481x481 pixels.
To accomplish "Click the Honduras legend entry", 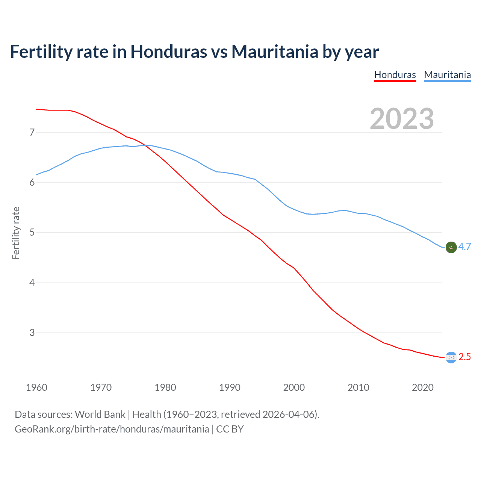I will pyautogui.click(x=395, y=75).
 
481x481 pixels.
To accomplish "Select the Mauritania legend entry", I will pyautogui.click(x=447, y=75).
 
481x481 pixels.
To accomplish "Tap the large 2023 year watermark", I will pyautogui.click(x=402, y=119).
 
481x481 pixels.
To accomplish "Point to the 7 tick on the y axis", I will pyautogui.click(x=32, y=132).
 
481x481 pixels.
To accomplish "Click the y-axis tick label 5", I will pyautogui.click(x=32, y=233).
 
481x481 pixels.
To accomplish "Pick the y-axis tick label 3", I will pyautogui.click(x=32, y=333).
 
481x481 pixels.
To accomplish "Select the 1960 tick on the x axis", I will pyautogui.click(x=36, y=387).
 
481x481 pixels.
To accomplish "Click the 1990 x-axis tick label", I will pyautogui.click(x=230, y=387).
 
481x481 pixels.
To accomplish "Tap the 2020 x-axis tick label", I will pyautogui.click(x=423, y=387).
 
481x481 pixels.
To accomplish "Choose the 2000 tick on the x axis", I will pyautogui.click(x=294, y=387).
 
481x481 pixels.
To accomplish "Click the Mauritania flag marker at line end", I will pyautogui.click(x=451, y=247).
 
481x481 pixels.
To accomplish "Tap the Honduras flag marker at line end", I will pyautogui.click(x=451, y=357).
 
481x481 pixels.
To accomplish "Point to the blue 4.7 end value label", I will pyautogui.click(x=464, y=247).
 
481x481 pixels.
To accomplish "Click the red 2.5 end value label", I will pyautogui.click(x=464, y=357).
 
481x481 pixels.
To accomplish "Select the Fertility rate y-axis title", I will pyautogui.click(x=16, y=233).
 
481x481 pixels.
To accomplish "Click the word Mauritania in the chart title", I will pyautogui.click(x=275, y=51).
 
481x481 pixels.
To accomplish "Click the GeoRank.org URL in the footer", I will pyautogui.click(x=112, y=429).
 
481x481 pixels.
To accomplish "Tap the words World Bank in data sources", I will pyautogui.click(x=100, y=414).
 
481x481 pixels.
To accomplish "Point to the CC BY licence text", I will pyautogui.click(x=230, y=429).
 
